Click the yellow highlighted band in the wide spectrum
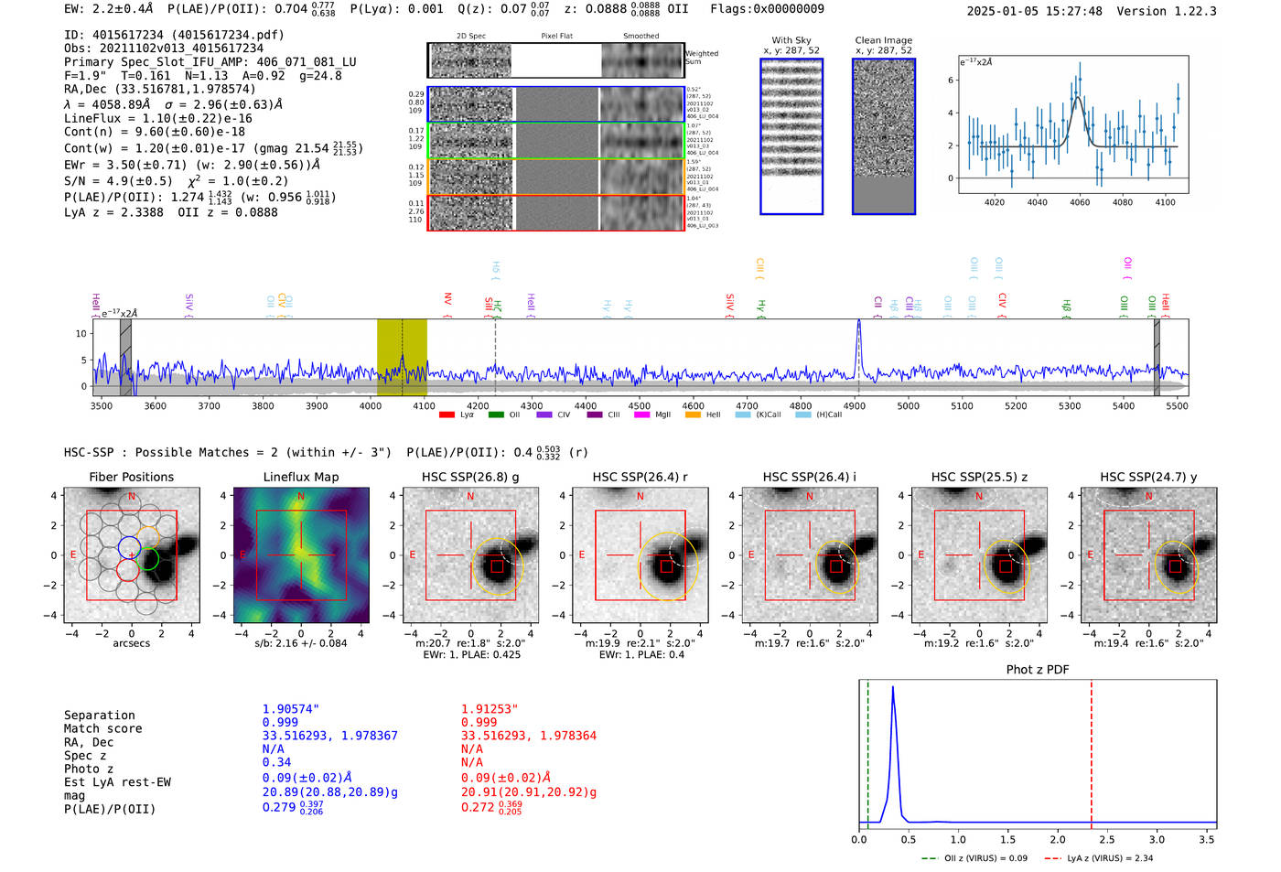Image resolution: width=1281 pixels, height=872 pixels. (402, 357)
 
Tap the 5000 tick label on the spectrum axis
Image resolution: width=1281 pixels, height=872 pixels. (908, 406)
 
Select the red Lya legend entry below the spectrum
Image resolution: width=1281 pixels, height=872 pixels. (457, 414)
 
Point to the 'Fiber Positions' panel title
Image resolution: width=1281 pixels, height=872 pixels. (131, 477)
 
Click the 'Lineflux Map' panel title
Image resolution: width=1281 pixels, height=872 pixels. (300, 477)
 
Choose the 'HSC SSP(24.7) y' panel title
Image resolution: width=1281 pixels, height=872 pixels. (1148, 477)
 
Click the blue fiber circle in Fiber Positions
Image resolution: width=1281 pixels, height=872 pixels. (129, 548)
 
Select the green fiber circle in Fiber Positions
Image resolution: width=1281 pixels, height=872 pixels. (149, 559)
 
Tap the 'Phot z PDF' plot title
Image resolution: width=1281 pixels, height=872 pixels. (1038, 670)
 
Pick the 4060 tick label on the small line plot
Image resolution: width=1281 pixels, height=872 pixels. (1080, 202)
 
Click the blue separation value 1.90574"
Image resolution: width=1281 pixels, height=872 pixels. (291, 709)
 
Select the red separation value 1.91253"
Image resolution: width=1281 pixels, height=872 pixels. (490, 709)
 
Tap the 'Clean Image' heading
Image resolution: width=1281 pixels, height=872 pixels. (883, 40)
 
